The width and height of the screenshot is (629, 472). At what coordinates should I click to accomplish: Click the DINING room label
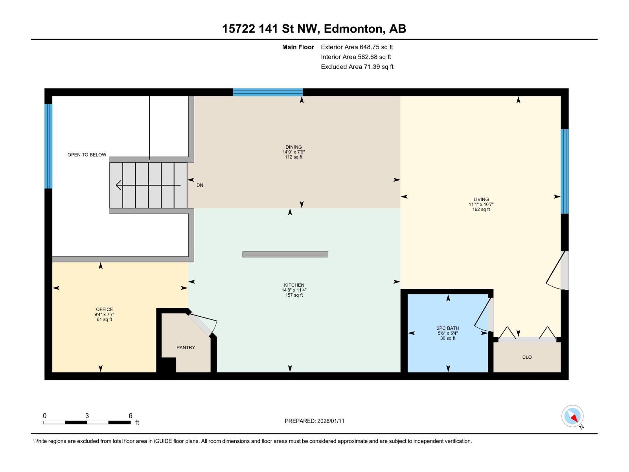[x=293, y=147]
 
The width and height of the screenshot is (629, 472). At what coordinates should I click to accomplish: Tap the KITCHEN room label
[x=294, y=285]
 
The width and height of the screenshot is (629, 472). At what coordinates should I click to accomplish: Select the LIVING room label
[x=481, y=199]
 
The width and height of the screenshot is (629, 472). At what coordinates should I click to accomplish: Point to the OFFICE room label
[x=104, y=309]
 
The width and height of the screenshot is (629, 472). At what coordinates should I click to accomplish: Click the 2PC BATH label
[x=448, y=328]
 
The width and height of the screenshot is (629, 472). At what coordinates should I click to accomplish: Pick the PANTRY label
[x=186, y=347]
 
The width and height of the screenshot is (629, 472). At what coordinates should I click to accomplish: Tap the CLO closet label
[x=527, y=357]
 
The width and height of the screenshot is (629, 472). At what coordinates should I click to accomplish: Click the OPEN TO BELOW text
[x=87, y=155]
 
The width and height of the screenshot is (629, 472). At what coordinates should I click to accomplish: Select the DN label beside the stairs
[x=200, y=185]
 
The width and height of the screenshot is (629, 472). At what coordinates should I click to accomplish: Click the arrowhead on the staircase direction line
[x=118, y=185]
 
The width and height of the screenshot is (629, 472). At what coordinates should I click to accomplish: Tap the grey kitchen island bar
[x=285, y=254]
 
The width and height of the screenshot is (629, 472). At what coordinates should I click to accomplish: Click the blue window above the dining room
[x=268, y=92]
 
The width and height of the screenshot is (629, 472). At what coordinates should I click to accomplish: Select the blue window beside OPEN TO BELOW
[x=48, y=146]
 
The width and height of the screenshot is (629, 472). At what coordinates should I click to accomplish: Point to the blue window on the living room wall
[x=565, y=171]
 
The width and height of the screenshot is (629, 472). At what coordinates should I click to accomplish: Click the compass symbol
[x=572, y=417]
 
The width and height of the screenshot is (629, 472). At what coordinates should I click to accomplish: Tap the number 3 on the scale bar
[x=87, y=415]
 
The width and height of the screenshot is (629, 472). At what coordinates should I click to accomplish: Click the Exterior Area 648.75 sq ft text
[x=357, y=47]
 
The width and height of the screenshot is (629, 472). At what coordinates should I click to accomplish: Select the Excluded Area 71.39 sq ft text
[x=357, y=67]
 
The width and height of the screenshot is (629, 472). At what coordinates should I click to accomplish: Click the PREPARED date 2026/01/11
[x=330, y=421]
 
